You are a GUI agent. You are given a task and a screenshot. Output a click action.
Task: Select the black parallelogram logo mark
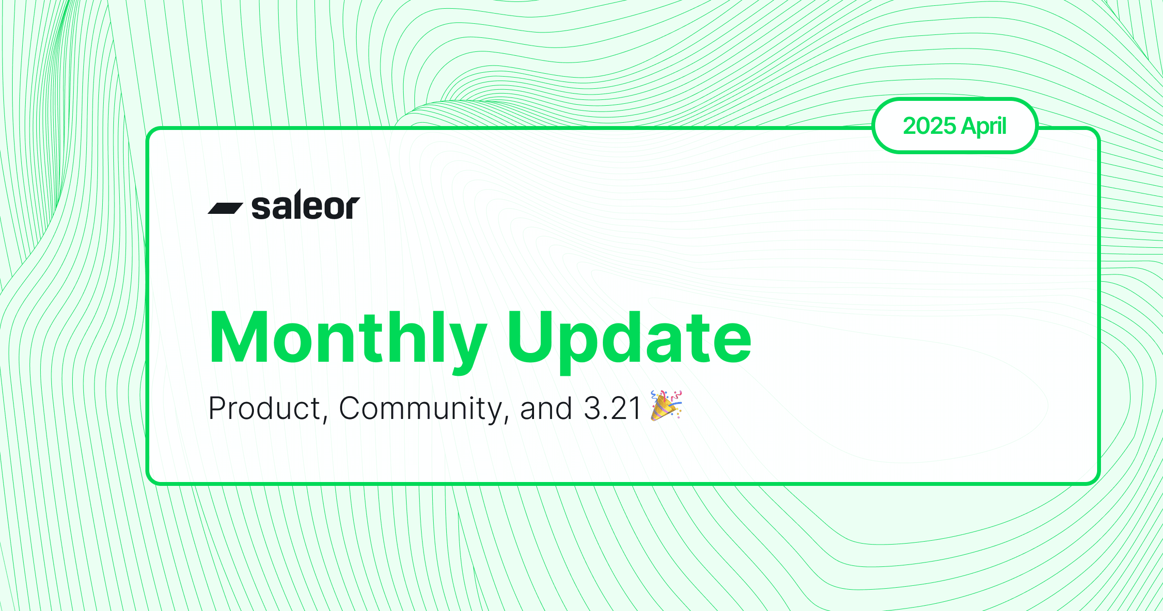pyautogui.click(x=225, y=208)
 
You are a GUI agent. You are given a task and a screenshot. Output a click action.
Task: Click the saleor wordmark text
pyautogui.click(x=306, y=205)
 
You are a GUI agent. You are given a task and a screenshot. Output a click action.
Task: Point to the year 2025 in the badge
pyautogui.click(x=929, y=126)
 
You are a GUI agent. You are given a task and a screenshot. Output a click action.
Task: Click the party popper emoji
pyautogui.click(x=666, y=405)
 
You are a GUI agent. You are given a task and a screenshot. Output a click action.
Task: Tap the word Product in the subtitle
pyautogui.click(x=265, y=408)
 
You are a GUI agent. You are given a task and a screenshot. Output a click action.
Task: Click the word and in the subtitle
pyautogui.click(x=546, y=408)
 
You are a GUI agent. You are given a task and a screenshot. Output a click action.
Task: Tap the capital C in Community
pyautogui.click(x=350, y=408)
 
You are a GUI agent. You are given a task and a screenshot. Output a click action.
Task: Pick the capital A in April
pyautogui.click(x=971, y=126)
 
